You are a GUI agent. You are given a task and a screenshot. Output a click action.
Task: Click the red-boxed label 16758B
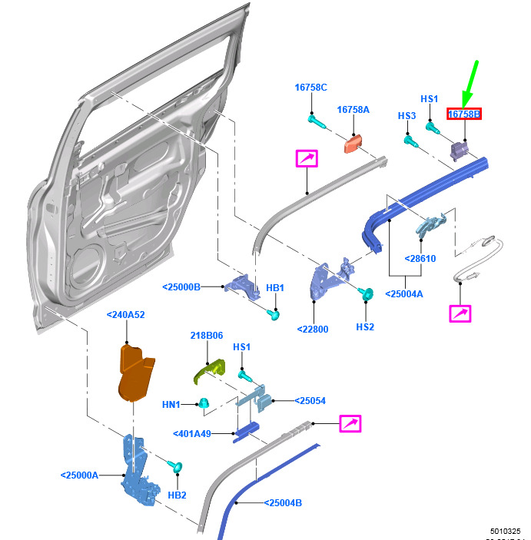click(464, 114)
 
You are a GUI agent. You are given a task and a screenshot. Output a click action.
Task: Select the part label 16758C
click(311, 88)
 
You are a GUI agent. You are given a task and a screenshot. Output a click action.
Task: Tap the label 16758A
click(353, 110)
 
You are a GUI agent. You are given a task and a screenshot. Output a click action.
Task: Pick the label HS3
click(407, 115)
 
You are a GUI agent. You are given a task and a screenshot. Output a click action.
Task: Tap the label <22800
click(313, 330)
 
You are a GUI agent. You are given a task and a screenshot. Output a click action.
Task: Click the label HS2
click(364, 326)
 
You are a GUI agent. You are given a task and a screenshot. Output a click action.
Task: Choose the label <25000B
click(181, 287)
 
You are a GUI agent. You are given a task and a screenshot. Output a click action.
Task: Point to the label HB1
click(275, 288)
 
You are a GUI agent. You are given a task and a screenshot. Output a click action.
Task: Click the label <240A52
click(126, 314)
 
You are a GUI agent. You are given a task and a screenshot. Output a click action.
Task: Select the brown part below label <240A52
click(134, 373)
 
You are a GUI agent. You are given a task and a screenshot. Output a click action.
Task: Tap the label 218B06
click(207, 336)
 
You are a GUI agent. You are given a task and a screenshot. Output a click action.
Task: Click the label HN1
click(171, 405)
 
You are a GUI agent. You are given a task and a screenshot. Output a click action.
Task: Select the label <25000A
click(80, 475)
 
